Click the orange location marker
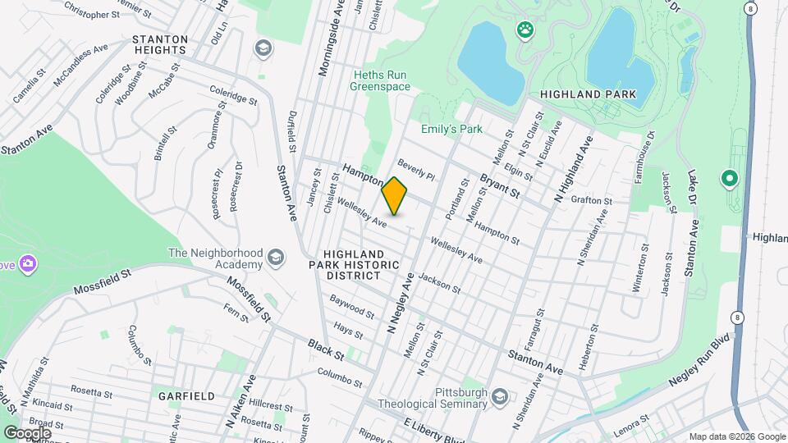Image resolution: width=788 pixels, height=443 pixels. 395,196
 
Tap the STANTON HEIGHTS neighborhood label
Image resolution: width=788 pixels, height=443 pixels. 156,44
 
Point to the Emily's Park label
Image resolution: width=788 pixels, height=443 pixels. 451,129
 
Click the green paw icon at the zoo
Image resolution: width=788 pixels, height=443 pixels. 525,31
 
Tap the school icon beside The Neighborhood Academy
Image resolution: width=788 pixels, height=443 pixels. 275,258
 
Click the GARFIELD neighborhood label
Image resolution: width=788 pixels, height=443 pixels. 187,395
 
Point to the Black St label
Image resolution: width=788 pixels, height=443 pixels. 325,348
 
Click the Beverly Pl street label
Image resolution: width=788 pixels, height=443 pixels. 416,169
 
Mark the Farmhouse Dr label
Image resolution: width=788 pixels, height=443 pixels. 648,153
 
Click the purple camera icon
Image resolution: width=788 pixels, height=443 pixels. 29,263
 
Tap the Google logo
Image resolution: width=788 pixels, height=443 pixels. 27,432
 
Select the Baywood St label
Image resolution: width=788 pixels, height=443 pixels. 352,310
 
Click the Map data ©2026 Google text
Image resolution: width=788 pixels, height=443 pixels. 736,436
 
